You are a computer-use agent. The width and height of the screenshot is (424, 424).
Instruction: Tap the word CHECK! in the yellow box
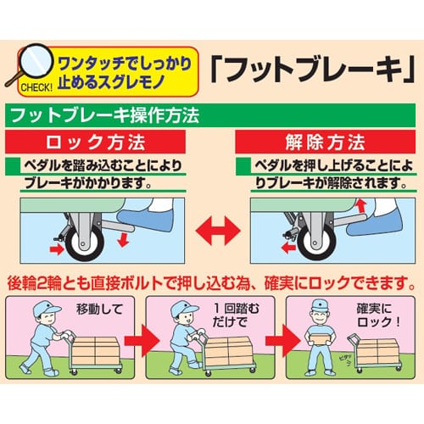(x=36, y=87)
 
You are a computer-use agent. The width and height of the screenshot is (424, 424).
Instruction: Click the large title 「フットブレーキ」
(x=313, y=70)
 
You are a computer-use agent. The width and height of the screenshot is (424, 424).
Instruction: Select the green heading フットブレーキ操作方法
(x=105, y=115)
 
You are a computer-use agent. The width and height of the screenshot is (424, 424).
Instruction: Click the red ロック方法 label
(x=96, y=142)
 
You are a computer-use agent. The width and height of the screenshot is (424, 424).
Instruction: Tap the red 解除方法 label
(x=326, y=142)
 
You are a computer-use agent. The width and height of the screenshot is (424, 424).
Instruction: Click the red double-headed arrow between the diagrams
(x=218, y=231)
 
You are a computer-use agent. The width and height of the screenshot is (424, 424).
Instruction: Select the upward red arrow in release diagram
(x=361, y=206)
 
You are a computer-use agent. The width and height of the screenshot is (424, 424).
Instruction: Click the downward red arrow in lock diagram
(x=123, y=240)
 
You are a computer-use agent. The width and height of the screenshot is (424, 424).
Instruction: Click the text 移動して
(x=99, y=309)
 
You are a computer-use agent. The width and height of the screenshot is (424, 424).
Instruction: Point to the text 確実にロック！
(x=378, y=315)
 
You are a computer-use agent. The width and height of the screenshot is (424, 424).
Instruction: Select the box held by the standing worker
(x=320, y=338)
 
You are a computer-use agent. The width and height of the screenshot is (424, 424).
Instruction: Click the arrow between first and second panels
(x=142, y=340)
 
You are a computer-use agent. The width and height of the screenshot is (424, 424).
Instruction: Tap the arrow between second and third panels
(x=283, y=340)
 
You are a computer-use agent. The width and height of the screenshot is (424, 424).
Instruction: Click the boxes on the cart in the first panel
(x=96, y=351)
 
